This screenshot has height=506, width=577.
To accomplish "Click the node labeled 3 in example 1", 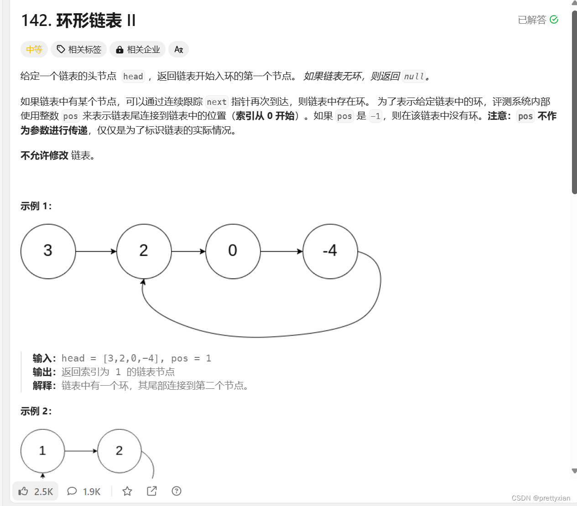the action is (48, 251).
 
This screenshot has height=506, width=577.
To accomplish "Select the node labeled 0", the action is (233, 251).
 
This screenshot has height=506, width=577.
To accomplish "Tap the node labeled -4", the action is (330, 251).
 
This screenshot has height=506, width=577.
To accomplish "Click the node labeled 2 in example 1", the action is (144, 251).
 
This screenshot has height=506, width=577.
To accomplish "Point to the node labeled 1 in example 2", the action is (42, 451).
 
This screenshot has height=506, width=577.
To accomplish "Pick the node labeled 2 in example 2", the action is (119, 451).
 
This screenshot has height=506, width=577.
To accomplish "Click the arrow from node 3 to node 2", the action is (96, 251).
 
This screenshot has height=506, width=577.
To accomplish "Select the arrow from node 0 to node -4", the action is (281, 251).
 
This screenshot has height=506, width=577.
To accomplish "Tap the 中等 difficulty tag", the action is (34, 49).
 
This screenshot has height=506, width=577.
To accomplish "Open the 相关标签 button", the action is (79, 49).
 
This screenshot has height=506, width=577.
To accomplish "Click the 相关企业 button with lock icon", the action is (138, 49).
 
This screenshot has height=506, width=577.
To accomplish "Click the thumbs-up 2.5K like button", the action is (36, 491).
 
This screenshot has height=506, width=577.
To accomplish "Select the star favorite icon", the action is (127, 491).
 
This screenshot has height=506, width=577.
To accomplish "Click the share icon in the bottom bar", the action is (152, 491).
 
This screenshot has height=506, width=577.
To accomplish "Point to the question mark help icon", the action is (177, 491).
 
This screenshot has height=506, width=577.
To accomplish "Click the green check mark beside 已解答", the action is (554, 20).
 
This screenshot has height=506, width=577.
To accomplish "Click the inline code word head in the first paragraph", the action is (133, 76).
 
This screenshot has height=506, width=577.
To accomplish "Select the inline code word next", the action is (217, 102).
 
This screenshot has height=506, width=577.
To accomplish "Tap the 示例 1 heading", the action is (36, 206).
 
